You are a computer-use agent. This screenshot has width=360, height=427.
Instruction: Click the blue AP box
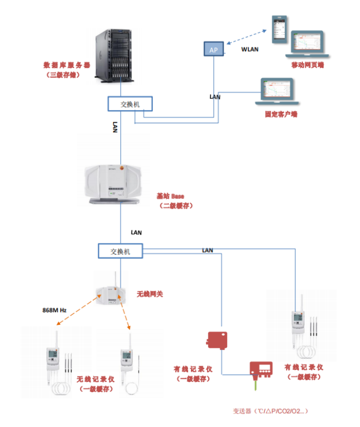213,49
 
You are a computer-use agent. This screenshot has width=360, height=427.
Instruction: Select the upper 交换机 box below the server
129,103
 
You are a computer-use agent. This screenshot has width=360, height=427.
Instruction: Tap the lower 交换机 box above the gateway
120,251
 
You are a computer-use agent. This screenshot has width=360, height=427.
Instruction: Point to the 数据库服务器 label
67,65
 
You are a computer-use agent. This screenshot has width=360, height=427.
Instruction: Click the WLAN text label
250,49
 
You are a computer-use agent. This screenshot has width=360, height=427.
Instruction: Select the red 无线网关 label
150,294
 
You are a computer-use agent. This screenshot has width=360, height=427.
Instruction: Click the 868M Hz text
54,310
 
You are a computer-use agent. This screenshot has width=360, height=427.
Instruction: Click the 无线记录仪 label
95,379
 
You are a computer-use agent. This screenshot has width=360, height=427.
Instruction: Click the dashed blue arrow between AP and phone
248,37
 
